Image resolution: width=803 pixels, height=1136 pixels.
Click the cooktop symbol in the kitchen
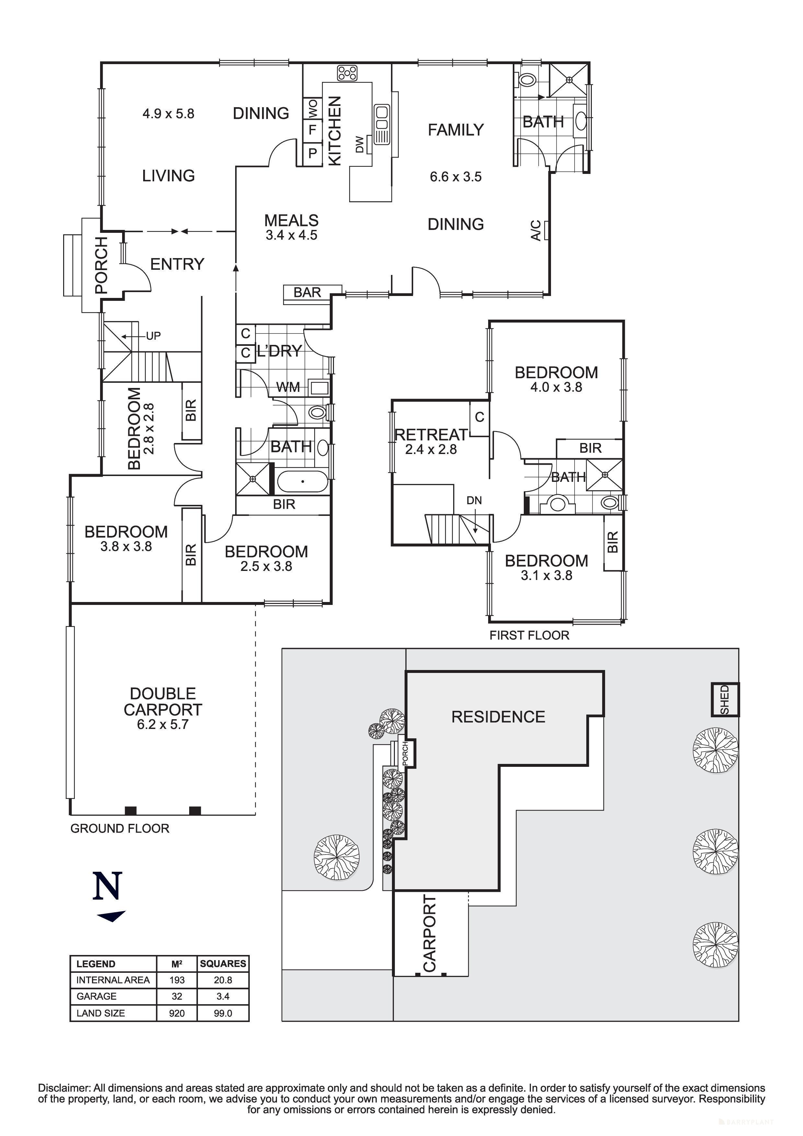347,73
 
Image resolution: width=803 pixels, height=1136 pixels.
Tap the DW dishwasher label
360,144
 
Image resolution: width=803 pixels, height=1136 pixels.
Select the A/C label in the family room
536,231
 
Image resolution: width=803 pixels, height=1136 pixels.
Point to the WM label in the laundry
288,387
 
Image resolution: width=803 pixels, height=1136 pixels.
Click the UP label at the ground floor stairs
153,336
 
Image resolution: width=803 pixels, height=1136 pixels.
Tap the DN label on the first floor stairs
474,501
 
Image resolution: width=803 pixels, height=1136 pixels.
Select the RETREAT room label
430,435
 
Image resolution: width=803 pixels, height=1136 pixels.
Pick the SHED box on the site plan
725,699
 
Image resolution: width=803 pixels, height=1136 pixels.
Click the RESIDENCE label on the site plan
498,717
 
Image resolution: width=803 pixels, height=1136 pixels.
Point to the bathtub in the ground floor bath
302,482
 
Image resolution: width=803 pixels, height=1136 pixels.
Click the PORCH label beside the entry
101,265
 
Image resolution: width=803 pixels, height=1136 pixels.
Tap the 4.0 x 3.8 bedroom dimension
556,387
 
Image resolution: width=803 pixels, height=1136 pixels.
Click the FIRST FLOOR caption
529,635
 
